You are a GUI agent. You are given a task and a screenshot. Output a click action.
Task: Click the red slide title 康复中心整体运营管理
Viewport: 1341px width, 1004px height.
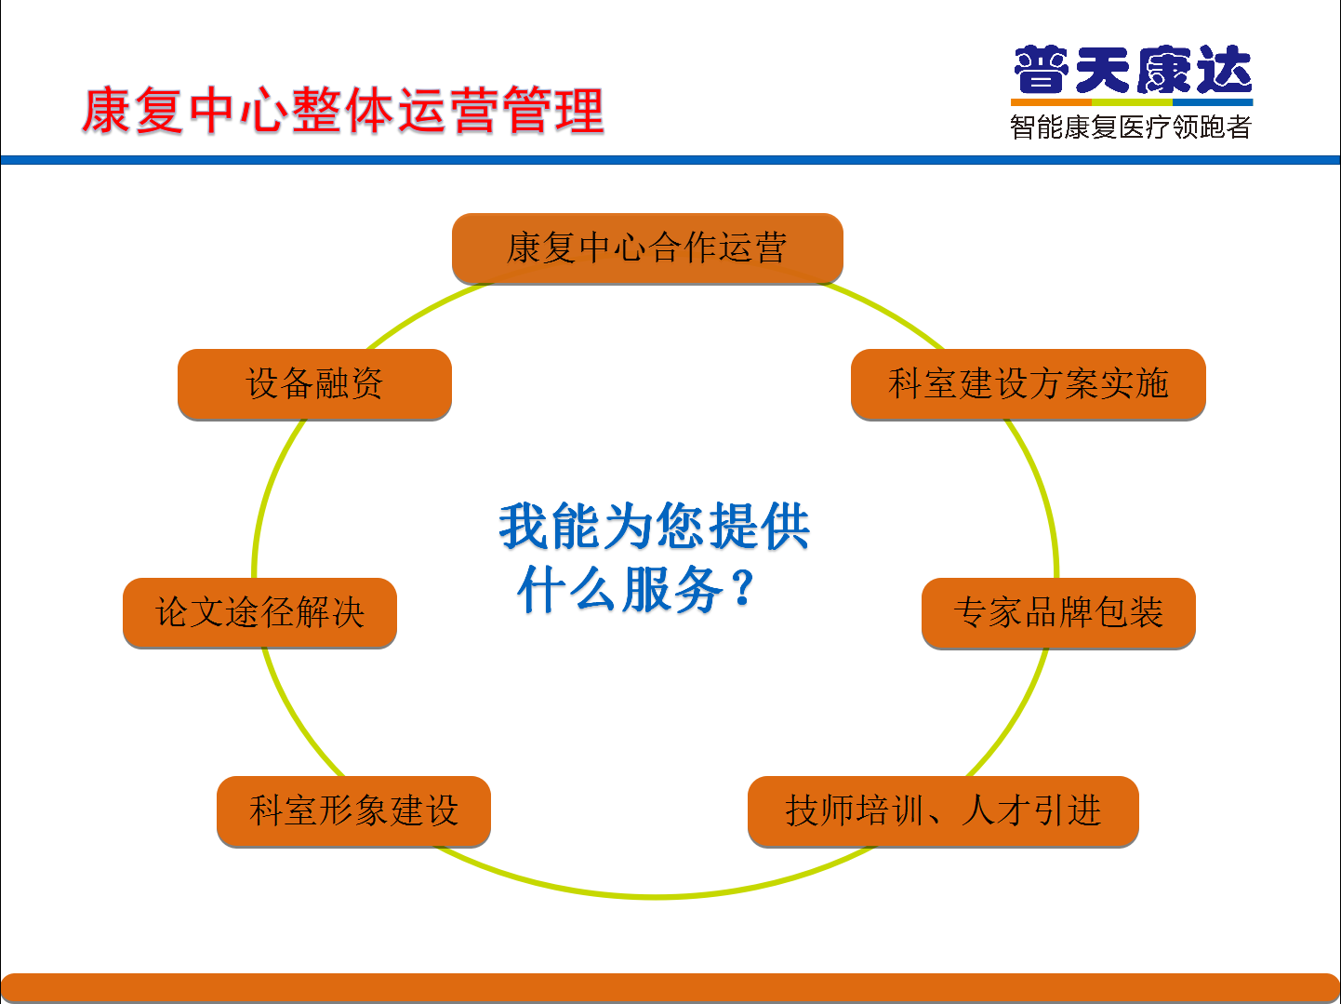click(343, 111)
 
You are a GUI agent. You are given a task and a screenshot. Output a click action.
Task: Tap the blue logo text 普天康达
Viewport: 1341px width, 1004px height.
click(1132, 70)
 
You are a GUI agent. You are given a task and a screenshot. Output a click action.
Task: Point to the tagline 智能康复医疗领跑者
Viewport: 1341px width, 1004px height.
click(1131, 127)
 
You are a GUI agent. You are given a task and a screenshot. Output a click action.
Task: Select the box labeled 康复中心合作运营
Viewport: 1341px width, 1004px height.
click(647, 248)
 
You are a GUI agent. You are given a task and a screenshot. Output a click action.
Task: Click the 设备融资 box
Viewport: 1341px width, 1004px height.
click(314, 383)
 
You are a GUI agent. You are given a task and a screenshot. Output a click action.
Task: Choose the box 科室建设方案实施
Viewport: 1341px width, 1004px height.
click(1029, 383)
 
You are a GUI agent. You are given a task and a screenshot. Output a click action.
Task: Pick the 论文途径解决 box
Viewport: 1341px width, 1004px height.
click(259, 612)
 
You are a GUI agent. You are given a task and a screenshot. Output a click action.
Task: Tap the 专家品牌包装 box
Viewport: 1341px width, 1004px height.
click(1058, 612)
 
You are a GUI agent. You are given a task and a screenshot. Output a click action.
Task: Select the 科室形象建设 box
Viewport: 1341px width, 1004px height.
click(353, 810)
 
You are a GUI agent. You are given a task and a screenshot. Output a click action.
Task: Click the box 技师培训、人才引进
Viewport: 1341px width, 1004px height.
click(943, 810)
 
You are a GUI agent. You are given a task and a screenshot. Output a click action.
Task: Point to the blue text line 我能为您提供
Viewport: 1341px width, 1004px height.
click(655, 526)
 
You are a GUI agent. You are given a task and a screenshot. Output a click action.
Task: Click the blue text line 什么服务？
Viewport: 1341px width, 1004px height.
click(636, 588)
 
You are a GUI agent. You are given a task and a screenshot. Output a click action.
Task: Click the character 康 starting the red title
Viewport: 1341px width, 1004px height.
click(106, 111)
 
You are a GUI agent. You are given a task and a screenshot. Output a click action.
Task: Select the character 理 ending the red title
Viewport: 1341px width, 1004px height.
click(579, 111)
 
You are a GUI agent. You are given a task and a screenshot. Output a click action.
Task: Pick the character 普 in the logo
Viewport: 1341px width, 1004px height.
click(1042, 70)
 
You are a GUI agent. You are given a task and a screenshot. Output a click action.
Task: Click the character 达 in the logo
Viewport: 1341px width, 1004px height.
click(1224, 70)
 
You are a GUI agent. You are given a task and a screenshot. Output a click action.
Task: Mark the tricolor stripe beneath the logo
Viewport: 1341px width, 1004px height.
click(1132, 102)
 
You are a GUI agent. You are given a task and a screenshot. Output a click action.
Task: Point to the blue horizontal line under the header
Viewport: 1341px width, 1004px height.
click(670, 160)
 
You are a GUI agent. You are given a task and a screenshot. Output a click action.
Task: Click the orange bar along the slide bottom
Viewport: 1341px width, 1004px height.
click(670, 988)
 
